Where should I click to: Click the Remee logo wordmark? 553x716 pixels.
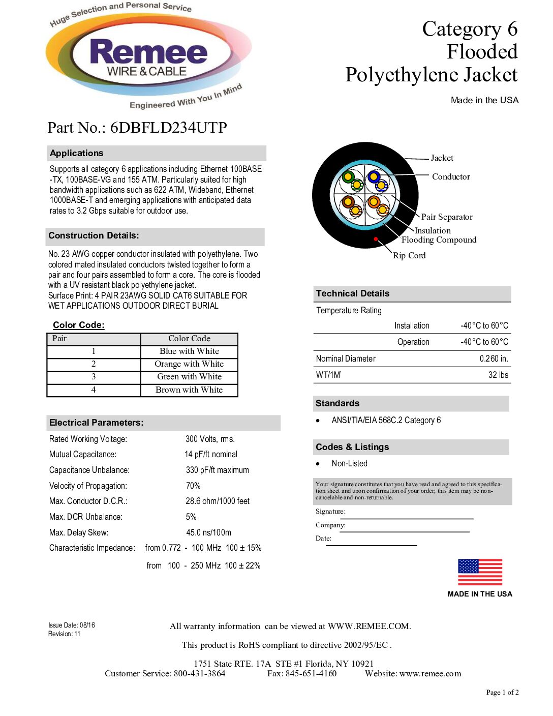click(x=148, y=53)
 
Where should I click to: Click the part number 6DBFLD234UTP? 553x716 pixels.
click(x=168, y=127)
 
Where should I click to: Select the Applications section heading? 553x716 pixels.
click(x=76, y=153)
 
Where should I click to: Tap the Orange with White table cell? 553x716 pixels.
click(x=189, y=364)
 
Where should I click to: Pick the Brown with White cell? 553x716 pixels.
click(x=189, y=390)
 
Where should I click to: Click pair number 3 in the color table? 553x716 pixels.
click(x=94, y=377)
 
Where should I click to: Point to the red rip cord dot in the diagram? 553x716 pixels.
click(x=376, y=238)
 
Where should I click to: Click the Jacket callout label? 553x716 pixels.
click(x=442, y=158)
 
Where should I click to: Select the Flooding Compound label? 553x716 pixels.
click(x=439, y=240)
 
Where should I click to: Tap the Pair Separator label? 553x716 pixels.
click(x=447, y=217)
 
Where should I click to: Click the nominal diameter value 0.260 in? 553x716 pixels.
click(x=494, y=359)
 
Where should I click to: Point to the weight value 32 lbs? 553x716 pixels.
click(x=498, y=375)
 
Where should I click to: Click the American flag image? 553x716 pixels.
click(x=480, y=572)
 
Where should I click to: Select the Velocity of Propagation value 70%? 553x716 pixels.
click(x=193, y=486)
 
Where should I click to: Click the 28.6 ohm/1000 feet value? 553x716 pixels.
click(x=218, y=501)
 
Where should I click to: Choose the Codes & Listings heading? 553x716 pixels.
click(x=352, y=447)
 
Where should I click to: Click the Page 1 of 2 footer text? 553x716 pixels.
click(x=502, y=692)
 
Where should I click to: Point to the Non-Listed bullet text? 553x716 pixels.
click(x=349, y=464)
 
